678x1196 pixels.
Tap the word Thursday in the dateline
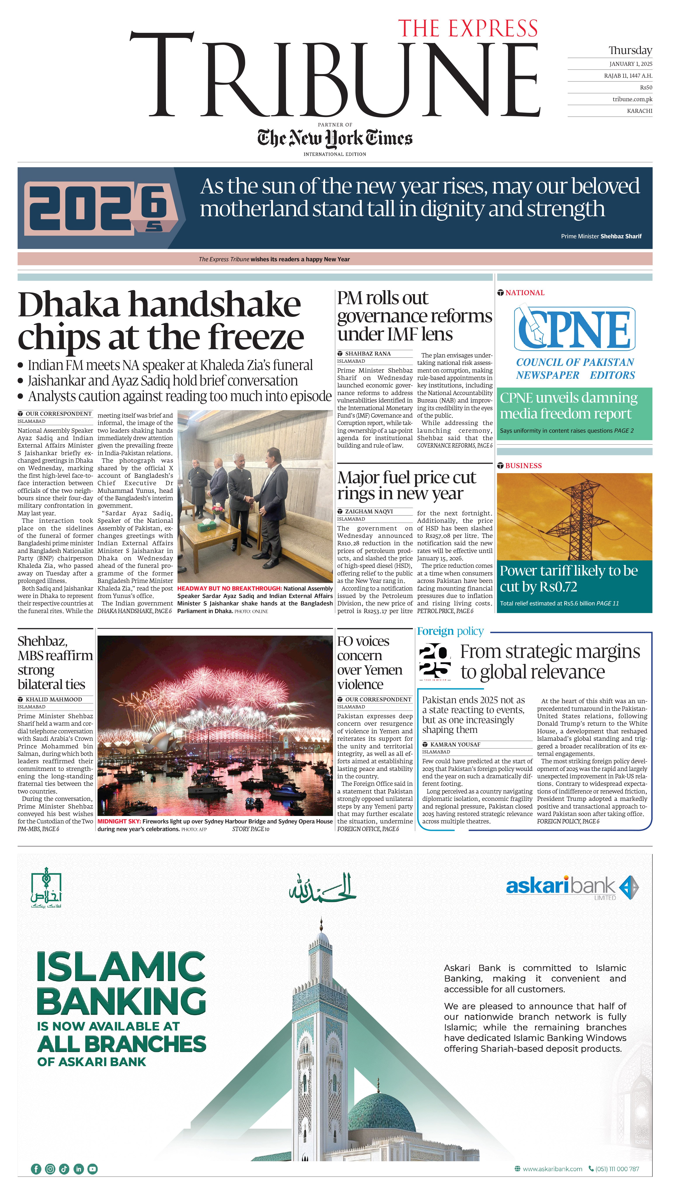pyautogui.click(x=630, y=50)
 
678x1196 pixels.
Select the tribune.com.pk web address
pyautogui.click(x=632, y=99)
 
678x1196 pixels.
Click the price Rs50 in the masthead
pyautogui.click(x=646, y=87)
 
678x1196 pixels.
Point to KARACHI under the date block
pyautogui.click(x=639, y=111)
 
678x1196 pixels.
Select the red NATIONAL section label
pyautogui.click(x=525, y=293)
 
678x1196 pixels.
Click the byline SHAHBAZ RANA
pyautogui.click(x=367, y=354)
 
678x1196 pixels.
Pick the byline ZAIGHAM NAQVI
pyautogui.click(x=369, y=511)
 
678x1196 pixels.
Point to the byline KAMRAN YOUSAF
pyautogui.click(x=455, y=744)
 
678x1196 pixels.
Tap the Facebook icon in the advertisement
pyautogui.click(x=36, y=1168)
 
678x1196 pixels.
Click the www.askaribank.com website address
pyautogui.click(x=552, y=1168)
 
